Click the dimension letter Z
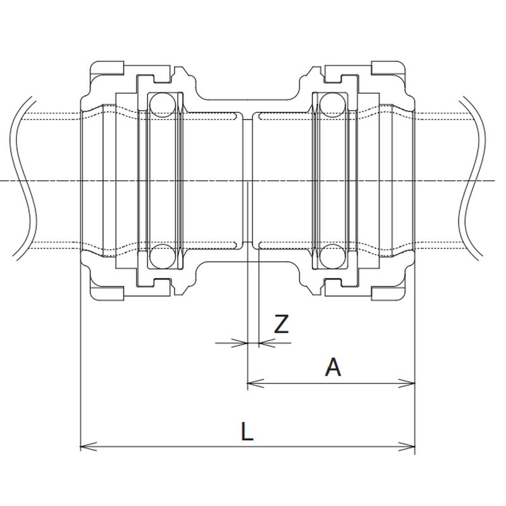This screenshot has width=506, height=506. click(x=281, y=324)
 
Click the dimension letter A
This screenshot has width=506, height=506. click(x=333, y=367)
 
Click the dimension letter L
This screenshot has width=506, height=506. click(x=247, y=431)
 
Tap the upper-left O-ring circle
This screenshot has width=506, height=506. click(x=163, y=105)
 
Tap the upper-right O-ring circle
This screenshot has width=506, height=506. click(x=332, y=105)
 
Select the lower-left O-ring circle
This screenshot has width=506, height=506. click(x=163, y=256)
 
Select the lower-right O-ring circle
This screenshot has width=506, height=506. click(x=332, y=256)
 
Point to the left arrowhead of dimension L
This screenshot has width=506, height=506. click(x=88, y=447)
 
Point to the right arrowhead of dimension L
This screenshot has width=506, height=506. click(x=407, y=447)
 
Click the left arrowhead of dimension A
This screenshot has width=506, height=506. click(x=256, y=383)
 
